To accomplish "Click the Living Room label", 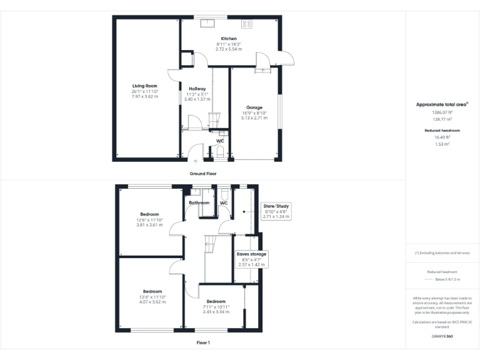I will [x=144, y=86].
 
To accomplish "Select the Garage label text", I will [x=254, y=107].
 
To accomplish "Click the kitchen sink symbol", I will [x=207, y=24].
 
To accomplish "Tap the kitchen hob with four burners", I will [x=247, y=24].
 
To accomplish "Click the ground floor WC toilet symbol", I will [x=219, y=151].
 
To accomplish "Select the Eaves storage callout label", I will [x=251, y=254].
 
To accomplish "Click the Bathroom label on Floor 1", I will [x=199, y=202].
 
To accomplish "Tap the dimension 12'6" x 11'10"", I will [x=149, y=220].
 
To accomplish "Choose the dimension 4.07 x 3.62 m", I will [x=153, y=302].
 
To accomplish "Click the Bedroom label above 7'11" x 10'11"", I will [x=216, y=301].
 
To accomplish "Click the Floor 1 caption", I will [x=204, y=342].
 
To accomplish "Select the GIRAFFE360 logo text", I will [x=442, y=336].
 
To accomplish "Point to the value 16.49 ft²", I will [x=442, y=137].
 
